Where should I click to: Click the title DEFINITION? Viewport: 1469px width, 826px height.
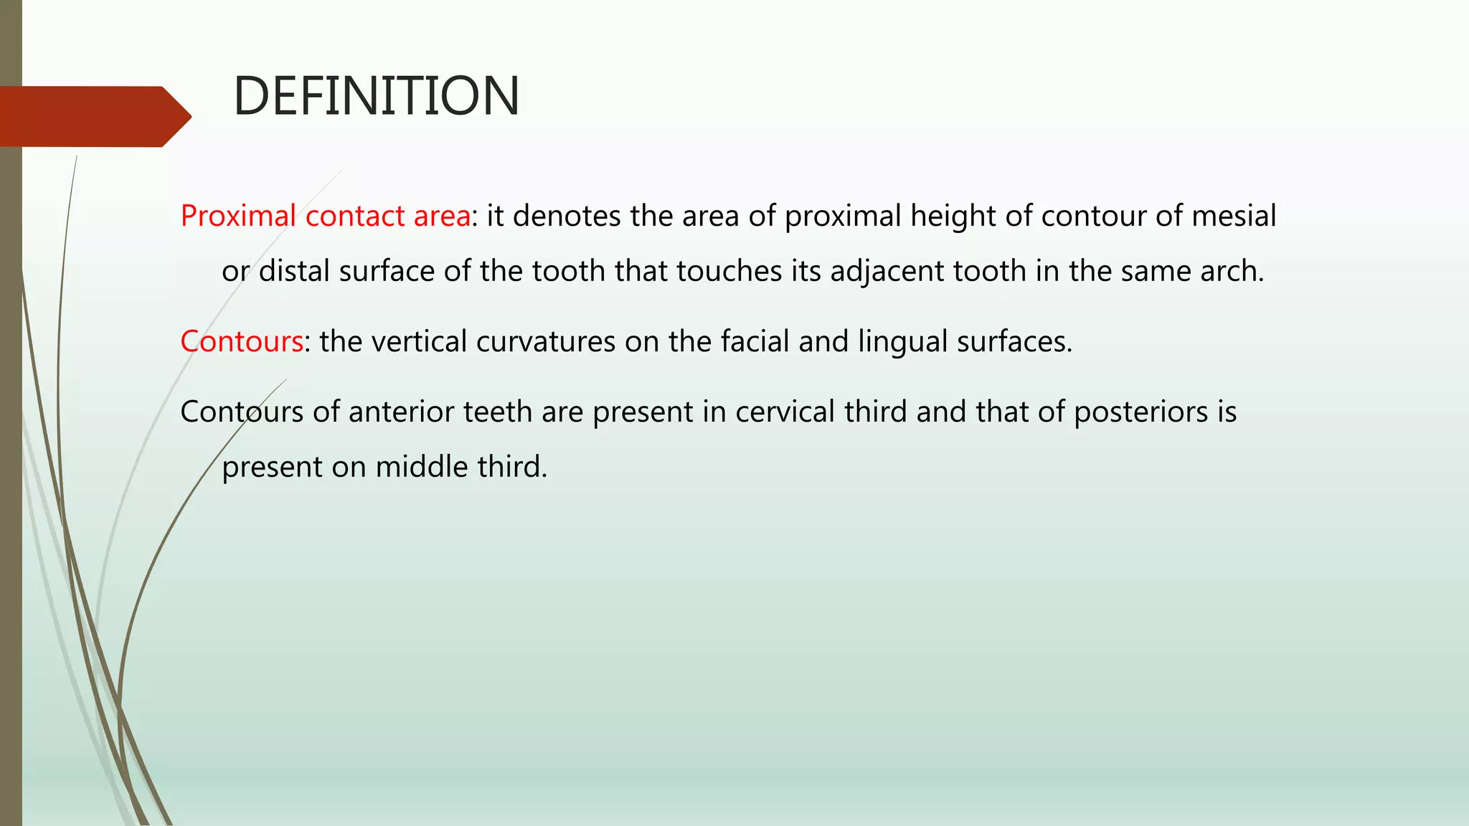376,96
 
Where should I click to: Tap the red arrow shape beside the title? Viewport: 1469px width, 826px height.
93,116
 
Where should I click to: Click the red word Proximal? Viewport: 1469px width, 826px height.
238,216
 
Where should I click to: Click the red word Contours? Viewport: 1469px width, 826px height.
242,341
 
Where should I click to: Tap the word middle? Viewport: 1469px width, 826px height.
422,467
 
